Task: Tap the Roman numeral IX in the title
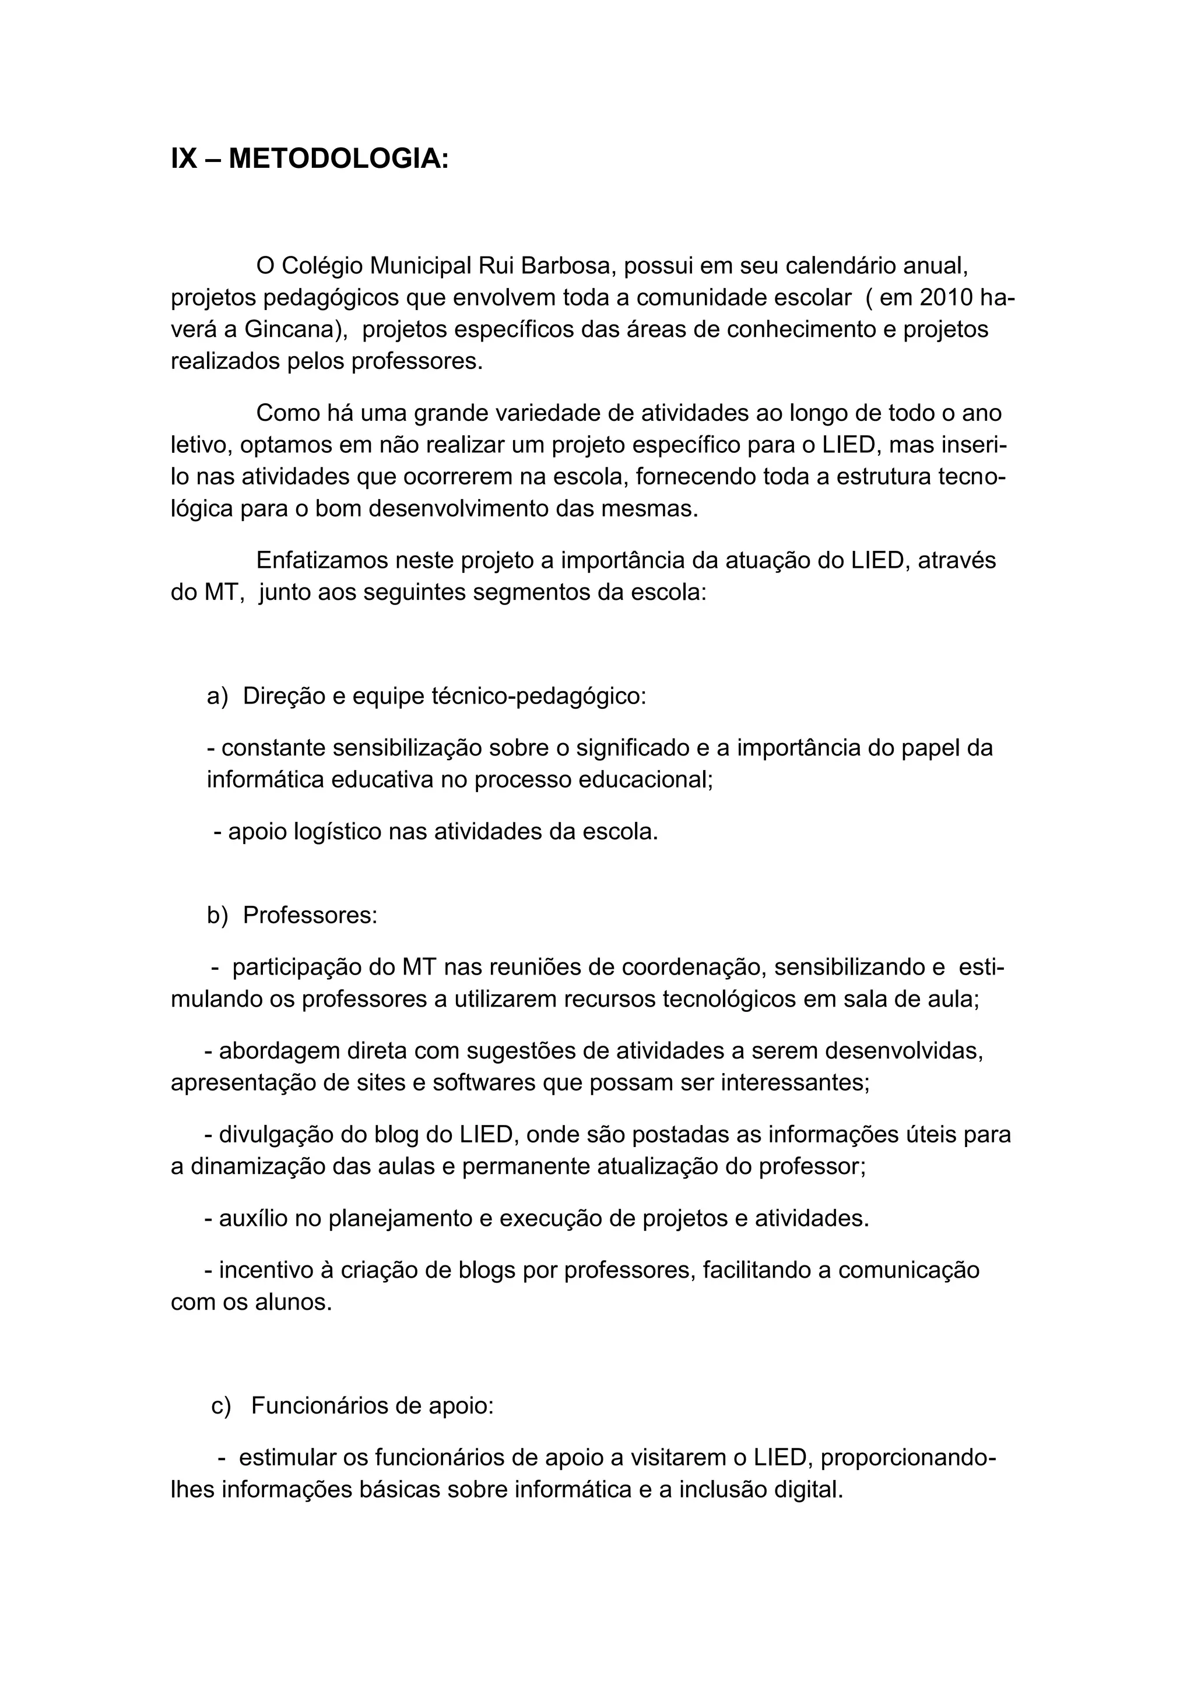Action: point(184,159)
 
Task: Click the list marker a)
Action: point(217,696)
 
